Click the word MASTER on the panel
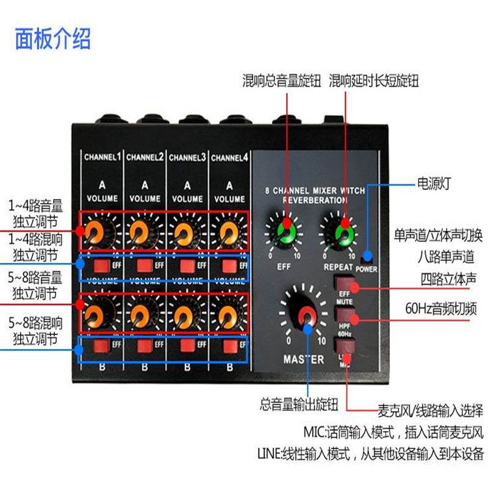coord(304,359)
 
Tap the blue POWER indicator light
coord(367,256)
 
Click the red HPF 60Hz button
coord(345,315)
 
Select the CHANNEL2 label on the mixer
coord(145,157)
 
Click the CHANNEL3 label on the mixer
coord(187,157)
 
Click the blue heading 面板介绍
coord(53,38)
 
